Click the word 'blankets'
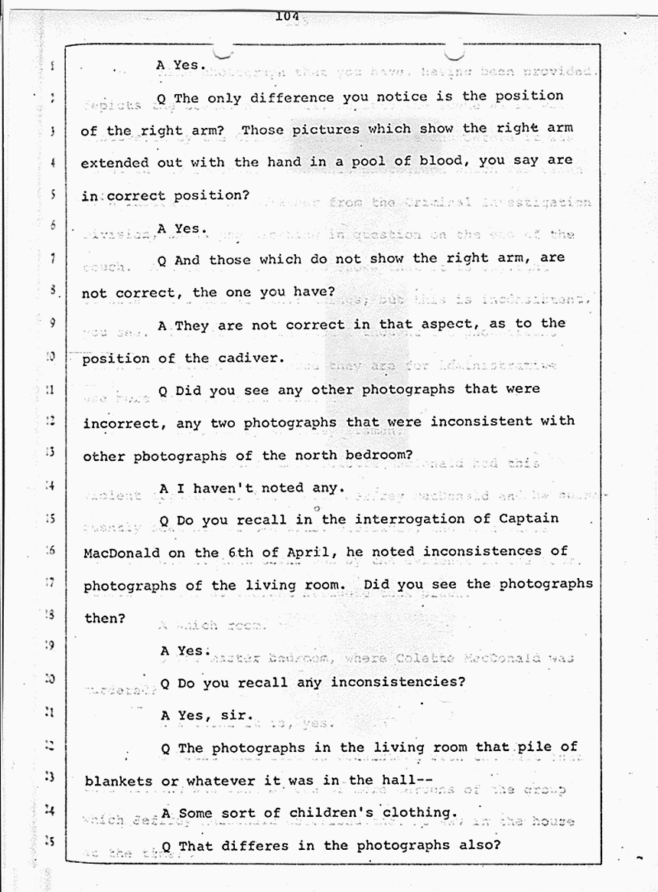(118, 780)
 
